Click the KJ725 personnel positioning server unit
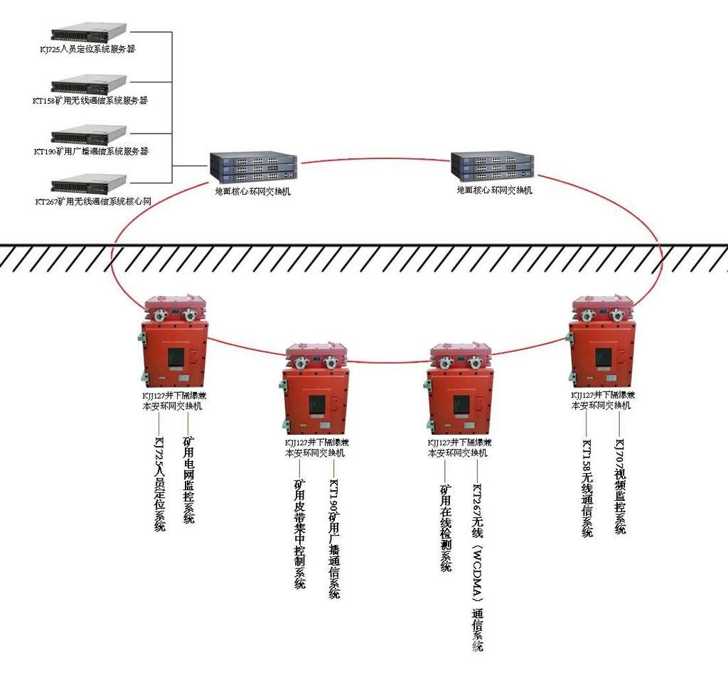pos(89,32)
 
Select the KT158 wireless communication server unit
pos(89,84)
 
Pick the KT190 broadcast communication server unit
pos(89,134)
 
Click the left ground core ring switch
pos(253,168)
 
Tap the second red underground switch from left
pos(316,389)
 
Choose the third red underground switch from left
pos(460,389)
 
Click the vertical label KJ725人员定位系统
pos(160,484)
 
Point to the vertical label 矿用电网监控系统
pos(188,480)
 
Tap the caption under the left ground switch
pos(252,191)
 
